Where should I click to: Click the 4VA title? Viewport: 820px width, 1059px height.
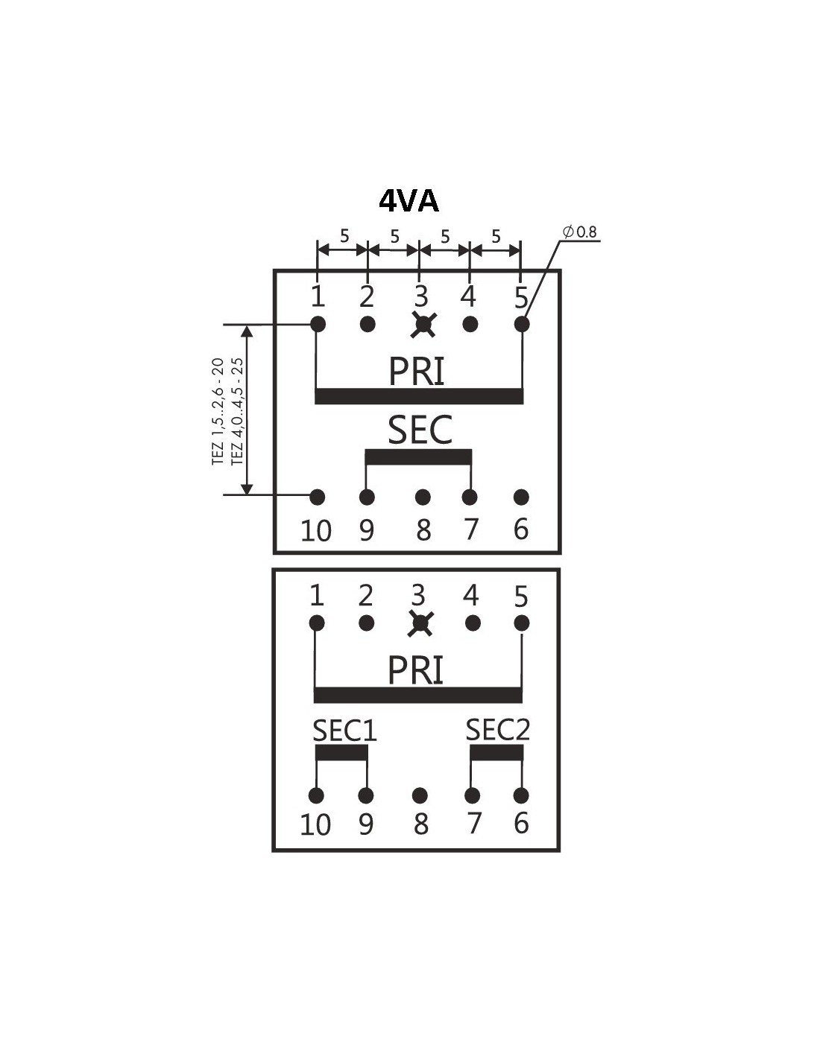point(409,201)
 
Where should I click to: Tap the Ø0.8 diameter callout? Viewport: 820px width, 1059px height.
point(581,232)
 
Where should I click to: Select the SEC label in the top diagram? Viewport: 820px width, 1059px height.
point(420,430)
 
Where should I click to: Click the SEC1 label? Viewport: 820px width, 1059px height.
point(344,731)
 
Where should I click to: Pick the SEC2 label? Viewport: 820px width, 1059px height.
point(497,730)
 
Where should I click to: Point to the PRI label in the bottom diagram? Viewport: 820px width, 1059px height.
point(416,670)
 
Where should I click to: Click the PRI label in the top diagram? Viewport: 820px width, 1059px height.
point(417,372)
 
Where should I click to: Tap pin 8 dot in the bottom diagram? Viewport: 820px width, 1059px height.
point(420,795)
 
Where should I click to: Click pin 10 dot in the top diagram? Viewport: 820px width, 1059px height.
point(318,497)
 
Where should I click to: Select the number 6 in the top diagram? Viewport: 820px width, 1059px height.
point(521,529)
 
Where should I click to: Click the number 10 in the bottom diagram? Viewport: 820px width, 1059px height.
point(315,824)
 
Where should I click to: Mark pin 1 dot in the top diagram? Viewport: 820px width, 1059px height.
point(318,324)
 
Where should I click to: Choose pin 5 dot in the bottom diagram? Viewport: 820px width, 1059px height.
point(521,623)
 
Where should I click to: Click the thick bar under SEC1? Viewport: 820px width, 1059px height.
point(341,754)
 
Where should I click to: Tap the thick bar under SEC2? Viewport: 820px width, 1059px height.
point(496,754)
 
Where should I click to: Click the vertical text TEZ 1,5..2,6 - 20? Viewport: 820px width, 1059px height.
point(218,411)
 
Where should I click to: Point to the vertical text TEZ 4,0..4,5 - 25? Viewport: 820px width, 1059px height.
point(237,411)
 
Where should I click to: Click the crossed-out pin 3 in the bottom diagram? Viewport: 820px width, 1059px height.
point(420,623)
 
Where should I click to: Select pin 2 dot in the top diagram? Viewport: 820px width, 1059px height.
point(368,324)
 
